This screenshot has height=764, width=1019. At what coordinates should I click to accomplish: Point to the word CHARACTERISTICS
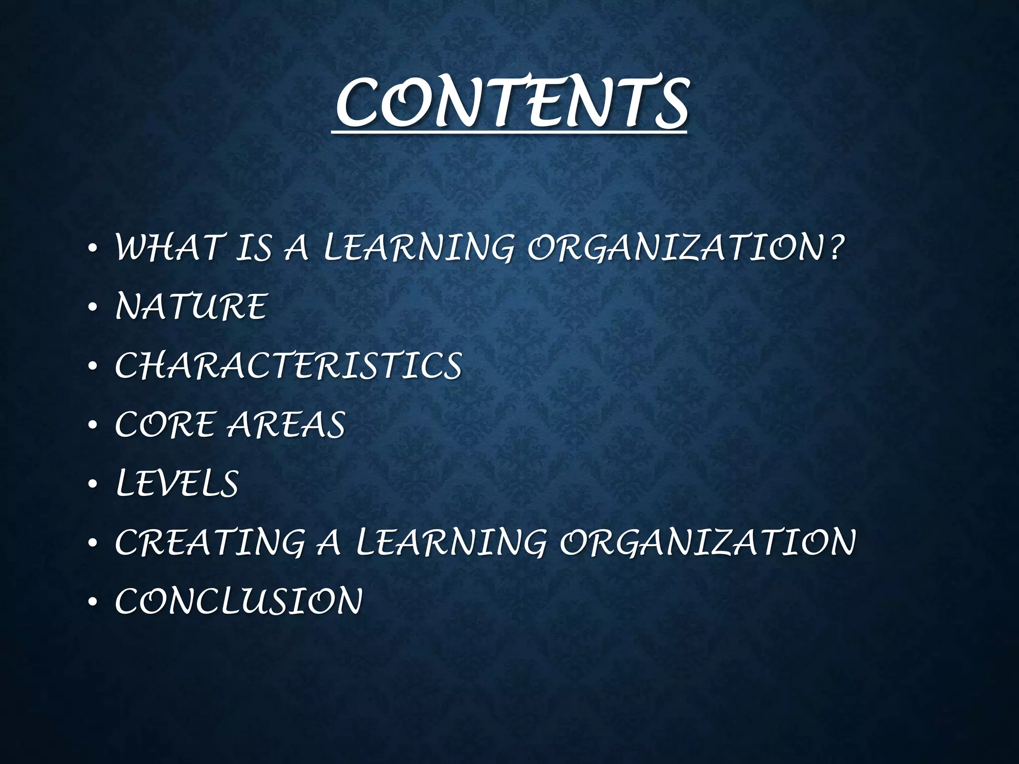coord(288,366)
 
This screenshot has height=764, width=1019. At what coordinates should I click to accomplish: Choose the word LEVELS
coord(177,483)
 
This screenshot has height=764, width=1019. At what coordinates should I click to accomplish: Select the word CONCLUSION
coord(238,601)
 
